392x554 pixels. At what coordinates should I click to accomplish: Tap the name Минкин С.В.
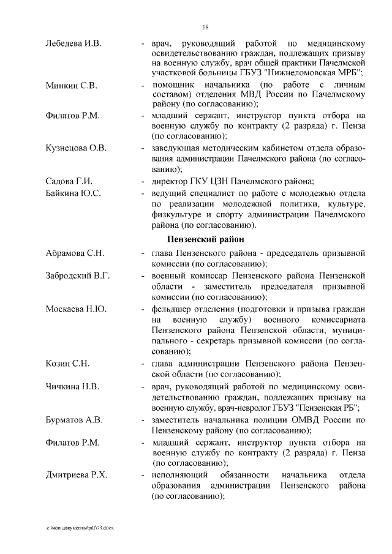point(72,84)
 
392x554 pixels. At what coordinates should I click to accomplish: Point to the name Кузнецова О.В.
point(76,148)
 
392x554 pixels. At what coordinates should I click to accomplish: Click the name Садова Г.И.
point(69,181)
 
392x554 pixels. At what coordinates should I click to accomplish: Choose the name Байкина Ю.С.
point(73,193)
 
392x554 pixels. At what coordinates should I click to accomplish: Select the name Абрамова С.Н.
point(75,253)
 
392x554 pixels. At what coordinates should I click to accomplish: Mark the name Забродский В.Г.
point(78,275)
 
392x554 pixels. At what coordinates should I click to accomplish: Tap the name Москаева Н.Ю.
point(76,309)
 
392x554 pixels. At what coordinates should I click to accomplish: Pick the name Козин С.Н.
point(68,364)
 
